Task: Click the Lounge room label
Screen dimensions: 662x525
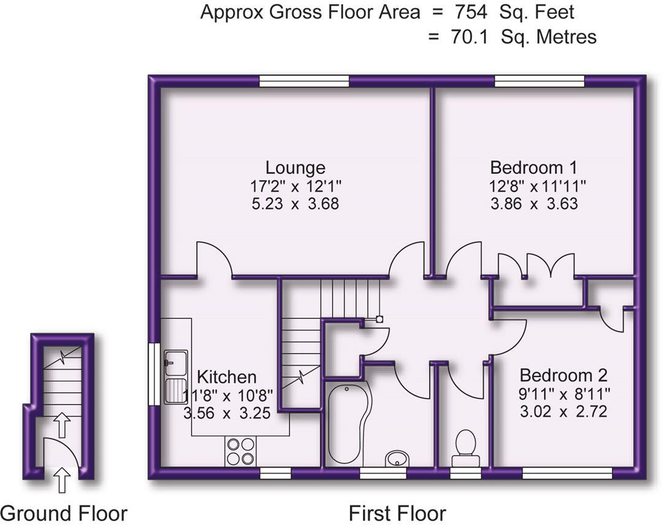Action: [x=295, y=167]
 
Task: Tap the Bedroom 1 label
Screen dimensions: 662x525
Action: [x=533, y=167]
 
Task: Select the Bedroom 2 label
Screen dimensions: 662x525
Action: [x=563, y=375]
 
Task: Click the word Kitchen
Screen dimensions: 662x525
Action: [x=226, y=377]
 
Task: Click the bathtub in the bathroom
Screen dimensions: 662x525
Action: [x=347, y=423]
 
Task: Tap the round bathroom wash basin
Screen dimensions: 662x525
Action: [x=397, y=458]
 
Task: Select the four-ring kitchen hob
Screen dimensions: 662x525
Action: [x=240, y=451]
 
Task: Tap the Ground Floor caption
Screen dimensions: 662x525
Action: [x=64, y=513]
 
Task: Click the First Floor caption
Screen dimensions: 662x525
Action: [x=397, y=513]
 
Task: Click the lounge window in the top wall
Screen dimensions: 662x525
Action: [x=304, y=81]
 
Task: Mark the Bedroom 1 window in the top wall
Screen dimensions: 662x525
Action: [x=539, y=81]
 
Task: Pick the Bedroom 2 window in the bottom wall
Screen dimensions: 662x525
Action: [x=567, y=472]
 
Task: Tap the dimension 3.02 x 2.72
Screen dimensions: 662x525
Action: [x=563, y=411]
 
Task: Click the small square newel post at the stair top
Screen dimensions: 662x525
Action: [x=380, y=319]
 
